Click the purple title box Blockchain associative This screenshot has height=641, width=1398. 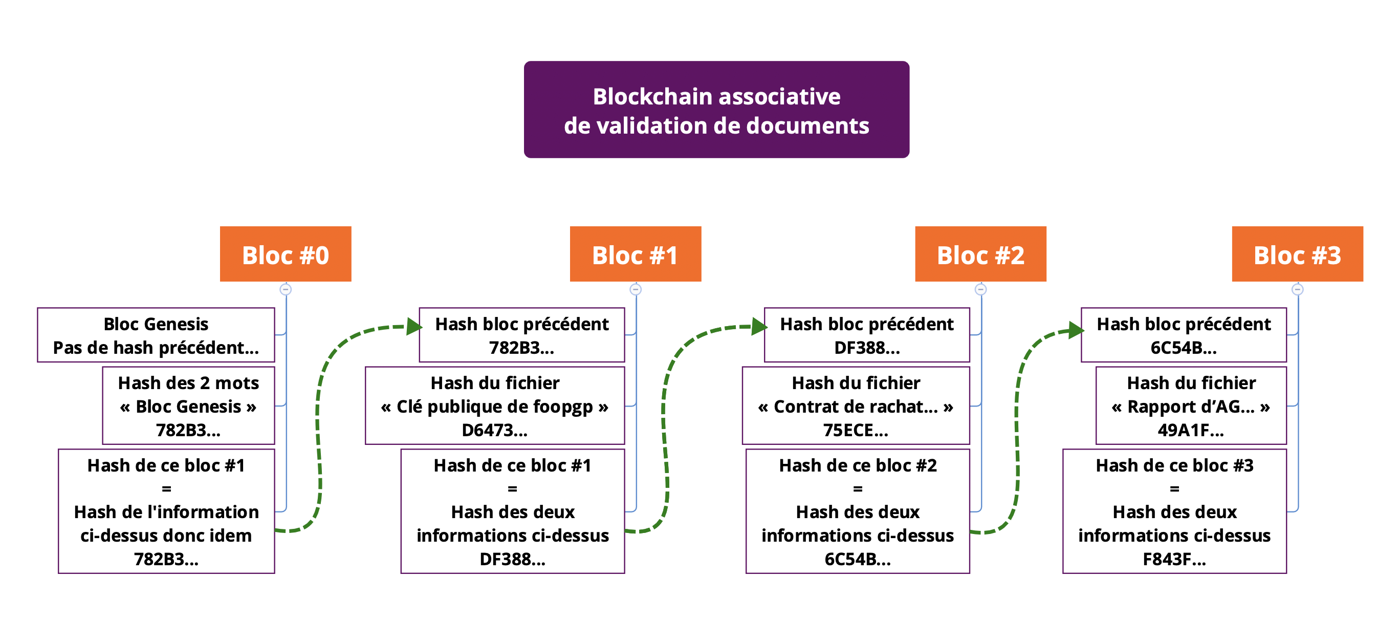(716, 110)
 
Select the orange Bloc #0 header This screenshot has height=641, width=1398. (286, 254)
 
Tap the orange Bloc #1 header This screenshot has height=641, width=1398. (635, 254)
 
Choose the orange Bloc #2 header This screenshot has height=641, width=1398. (980, 254)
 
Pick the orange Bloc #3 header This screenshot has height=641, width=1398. (1297, 254)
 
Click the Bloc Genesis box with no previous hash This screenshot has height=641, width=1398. (156, 335)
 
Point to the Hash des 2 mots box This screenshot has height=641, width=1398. (188, 405)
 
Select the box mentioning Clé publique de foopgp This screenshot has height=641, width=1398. (494, 405)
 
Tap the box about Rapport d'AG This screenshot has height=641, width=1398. (1191, 405)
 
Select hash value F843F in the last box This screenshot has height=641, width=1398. (1174, 559)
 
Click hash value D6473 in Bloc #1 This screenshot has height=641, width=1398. (494, 430)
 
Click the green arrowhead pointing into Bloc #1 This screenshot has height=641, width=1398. (414, 326)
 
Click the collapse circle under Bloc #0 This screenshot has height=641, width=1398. (286, 289)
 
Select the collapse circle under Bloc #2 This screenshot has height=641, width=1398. (980, 289)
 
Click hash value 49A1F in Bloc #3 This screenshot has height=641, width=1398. (1191, 430)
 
